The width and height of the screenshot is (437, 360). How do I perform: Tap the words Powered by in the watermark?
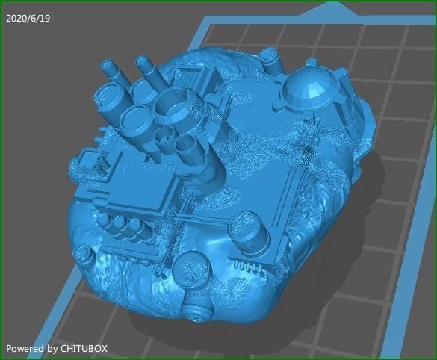31,348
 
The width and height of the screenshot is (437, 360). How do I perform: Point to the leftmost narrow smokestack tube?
110,71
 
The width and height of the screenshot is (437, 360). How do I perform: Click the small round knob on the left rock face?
88,258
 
